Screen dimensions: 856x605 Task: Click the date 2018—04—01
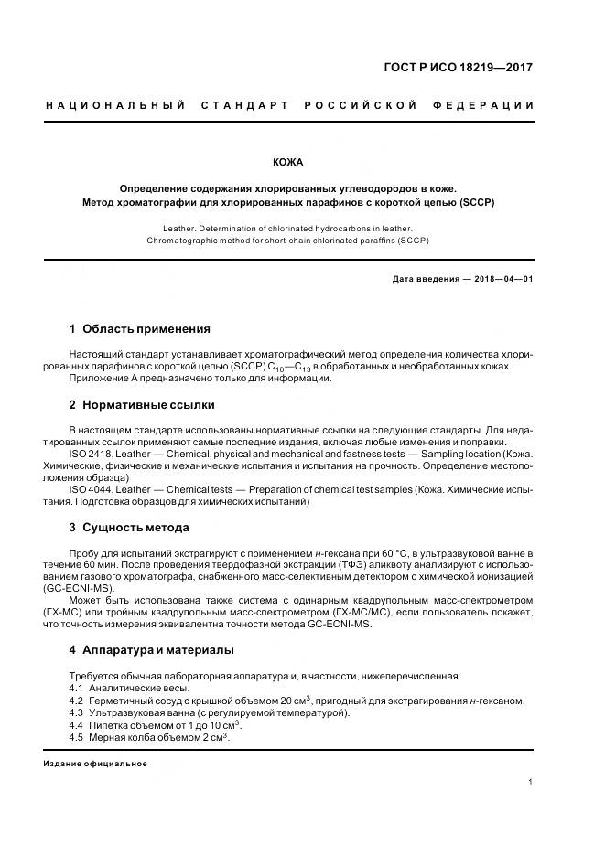(x=501, y=279)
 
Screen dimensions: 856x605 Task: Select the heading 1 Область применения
(x=139, y=329)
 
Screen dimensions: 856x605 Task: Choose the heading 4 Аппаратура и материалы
(x=151, y=650)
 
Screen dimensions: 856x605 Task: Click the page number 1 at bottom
(x=531, y=783)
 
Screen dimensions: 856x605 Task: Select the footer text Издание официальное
(x=95, y=764)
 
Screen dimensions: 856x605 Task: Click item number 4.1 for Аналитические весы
(x=76, y=689)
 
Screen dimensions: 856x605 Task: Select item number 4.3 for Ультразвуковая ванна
(x=76, y=712)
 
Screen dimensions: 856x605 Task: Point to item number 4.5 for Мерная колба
(x=76, y=737)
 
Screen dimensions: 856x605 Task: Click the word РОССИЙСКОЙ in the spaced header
(x=360, y=105)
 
